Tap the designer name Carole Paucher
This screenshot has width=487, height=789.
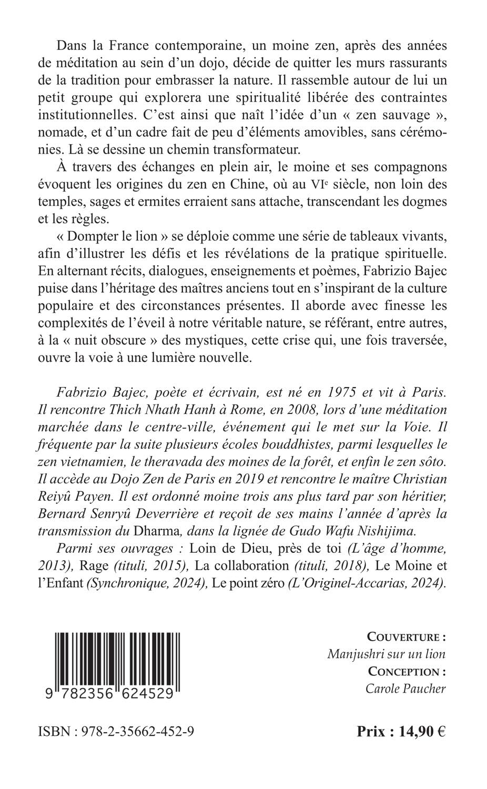(x=405, y=689)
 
